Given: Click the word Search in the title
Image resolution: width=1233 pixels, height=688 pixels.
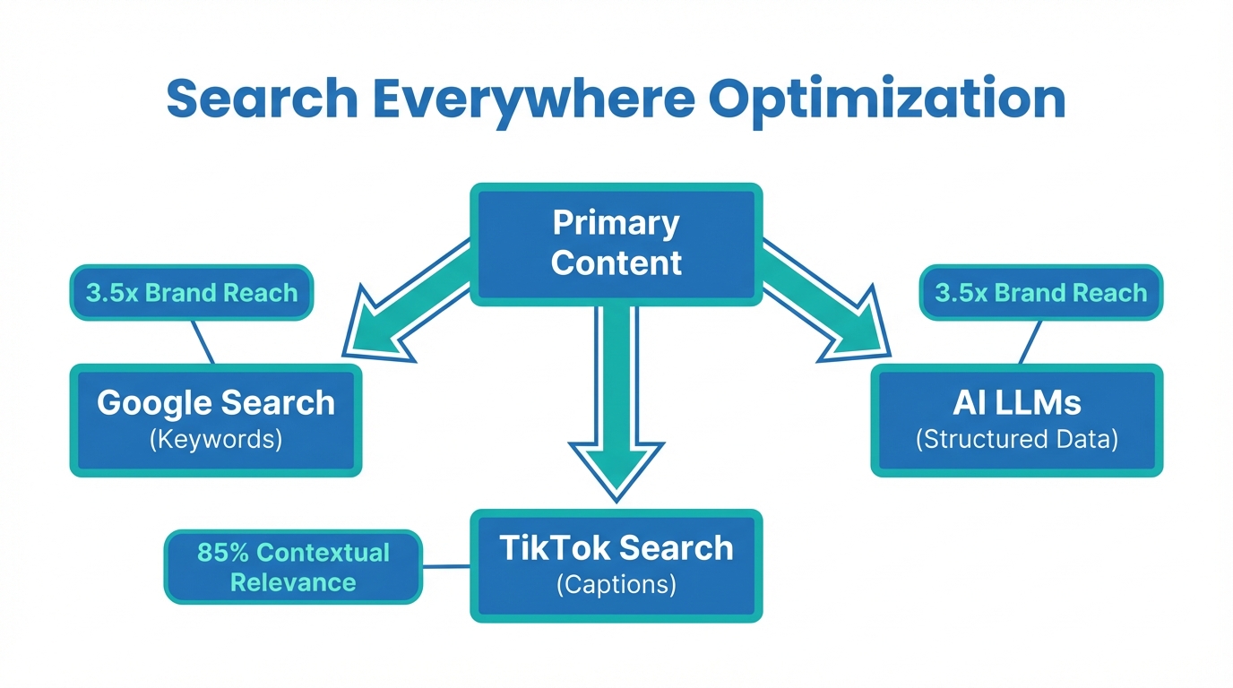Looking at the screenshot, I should (261, 99).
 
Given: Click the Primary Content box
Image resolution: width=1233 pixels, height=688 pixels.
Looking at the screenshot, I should (616, 244).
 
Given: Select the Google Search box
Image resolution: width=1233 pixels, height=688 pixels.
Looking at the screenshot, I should (216, 419).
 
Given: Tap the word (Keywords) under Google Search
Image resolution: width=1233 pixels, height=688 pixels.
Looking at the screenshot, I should (216, 440).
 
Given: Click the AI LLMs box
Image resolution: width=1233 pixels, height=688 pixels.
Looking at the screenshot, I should (1016, 419).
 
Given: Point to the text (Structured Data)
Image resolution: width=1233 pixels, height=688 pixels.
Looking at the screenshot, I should (1016, 440).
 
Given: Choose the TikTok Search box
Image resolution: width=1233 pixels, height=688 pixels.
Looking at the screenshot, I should (616, 564).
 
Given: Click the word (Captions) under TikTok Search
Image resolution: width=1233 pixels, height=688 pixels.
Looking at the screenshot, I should (616, 585).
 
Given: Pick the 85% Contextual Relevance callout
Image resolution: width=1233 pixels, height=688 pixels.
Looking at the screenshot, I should (293, 567).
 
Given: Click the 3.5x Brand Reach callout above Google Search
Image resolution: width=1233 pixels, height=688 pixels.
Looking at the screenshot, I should (191, 292).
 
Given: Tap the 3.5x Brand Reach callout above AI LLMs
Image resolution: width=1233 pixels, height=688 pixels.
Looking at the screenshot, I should (1040, 292).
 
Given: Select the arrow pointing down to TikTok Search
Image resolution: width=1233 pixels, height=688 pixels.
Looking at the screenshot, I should (616, 403).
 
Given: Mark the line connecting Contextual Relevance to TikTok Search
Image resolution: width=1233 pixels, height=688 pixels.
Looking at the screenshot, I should (445, 566).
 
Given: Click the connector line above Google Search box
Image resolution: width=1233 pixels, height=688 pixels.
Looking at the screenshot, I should (203, 341).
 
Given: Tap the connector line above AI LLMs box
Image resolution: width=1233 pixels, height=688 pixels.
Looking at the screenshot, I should (1030, 341).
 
